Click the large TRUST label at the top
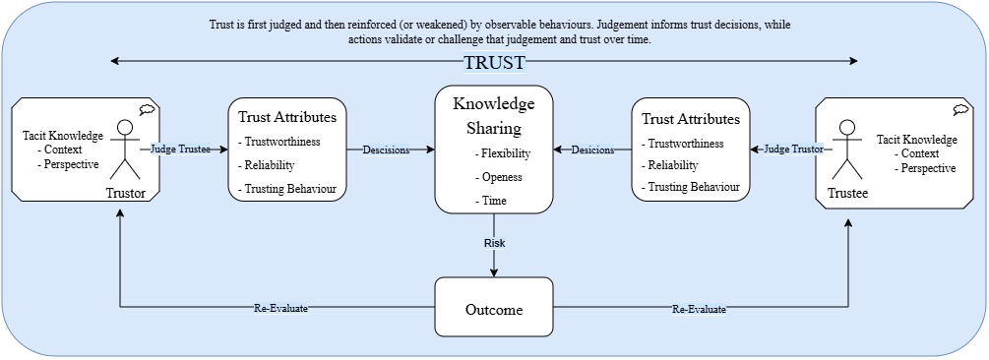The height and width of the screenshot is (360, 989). [494, 63]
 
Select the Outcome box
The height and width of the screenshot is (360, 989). [494, 310]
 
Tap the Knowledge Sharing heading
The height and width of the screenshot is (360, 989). [494, 115]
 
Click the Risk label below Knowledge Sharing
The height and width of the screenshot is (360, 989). [494, 242]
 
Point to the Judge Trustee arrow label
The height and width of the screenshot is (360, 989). [180, 150]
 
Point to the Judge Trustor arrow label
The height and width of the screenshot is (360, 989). [793, 150]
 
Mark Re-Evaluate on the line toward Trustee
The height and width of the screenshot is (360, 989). [699, 310]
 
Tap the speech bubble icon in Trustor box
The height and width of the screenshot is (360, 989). [147, 109]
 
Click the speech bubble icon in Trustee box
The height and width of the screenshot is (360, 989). [959, 109]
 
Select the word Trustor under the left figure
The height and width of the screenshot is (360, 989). [125, 194]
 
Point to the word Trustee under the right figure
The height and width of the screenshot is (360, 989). [848, 194]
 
